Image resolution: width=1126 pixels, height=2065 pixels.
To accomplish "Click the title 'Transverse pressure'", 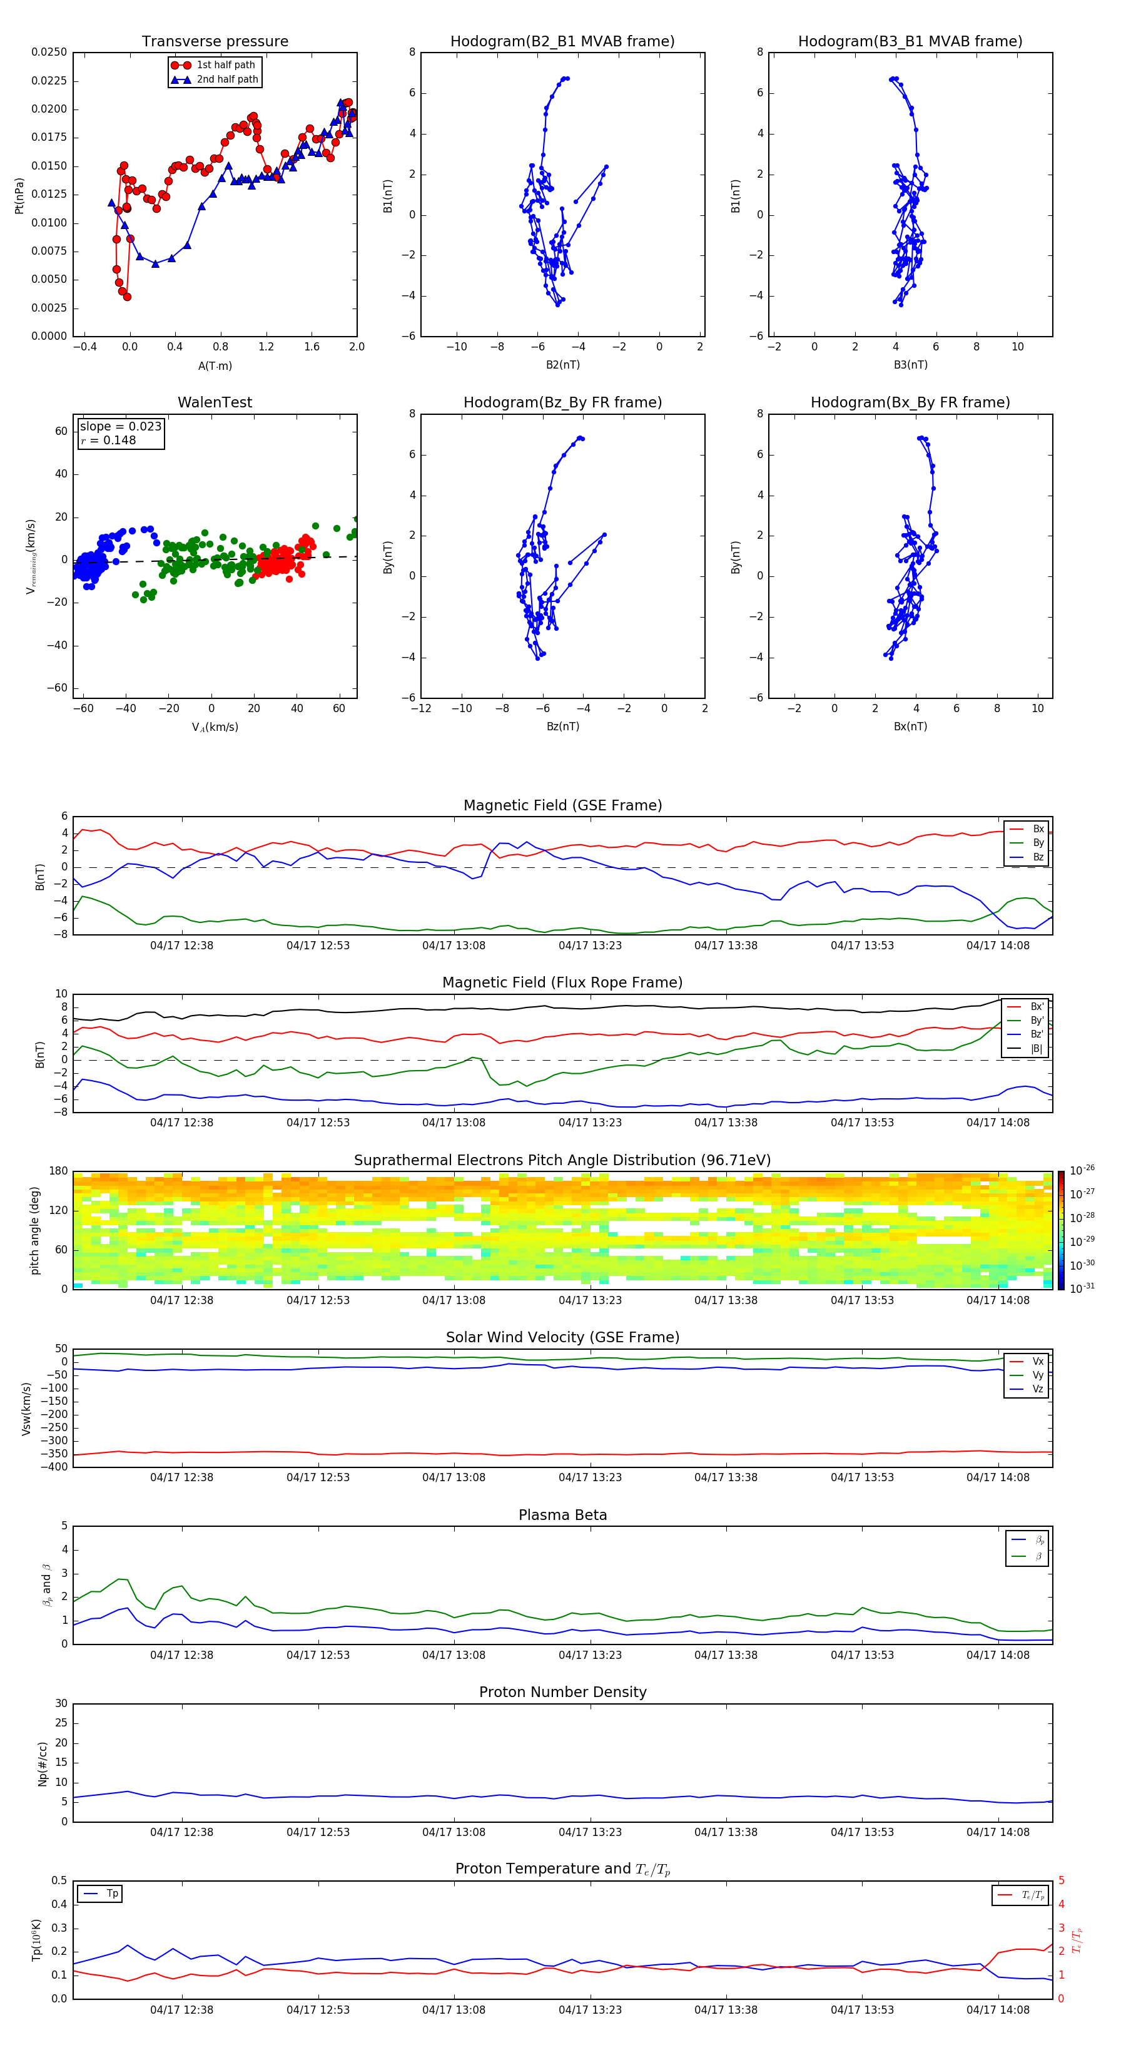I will [215, 42].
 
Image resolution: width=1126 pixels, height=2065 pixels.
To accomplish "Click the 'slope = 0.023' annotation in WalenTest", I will [120, 427].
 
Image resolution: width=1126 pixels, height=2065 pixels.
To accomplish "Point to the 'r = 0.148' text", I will [108, 440].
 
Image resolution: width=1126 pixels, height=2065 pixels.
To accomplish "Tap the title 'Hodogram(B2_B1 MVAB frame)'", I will [562, 42].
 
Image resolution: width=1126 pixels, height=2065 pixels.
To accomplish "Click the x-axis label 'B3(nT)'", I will [910, 365].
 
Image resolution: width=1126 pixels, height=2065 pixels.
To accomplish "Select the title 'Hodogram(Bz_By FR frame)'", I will [562, 402].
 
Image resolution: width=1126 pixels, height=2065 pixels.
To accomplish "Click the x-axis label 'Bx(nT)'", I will [910, 727].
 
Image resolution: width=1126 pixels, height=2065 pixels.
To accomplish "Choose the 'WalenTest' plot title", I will [215, 402].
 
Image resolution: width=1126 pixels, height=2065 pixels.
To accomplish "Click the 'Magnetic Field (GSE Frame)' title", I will [562, 805].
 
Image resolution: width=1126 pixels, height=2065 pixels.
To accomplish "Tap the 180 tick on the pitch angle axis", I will [59, 1171].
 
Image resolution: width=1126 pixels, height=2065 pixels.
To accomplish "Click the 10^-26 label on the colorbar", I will [1082, 1170].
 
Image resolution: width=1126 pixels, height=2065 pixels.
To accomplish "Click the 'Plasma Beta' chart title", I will [562, 1515].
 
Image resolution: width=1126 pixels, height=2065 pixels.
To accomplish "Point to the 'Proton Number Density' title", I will [562, 1692].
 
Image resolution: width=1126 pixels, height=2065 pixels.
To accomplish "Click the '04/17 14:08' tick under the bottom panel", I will [998, 2010].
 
